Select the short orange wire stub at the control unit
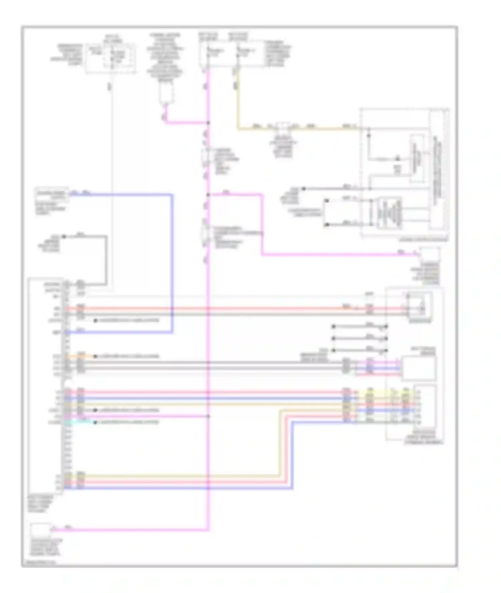pos(83,356)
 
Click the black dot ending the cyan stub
pos(95,422)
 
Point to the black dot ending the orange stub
pos(95,356)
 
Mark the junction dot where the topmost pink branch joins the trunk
pos(208,123)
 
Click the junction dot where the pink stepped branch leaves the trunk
pos(208,194)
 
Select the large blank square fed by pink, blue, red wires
pos(419,368)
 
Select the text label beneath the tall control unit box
pos(40,504)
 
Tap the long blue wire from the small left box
pos(172,267)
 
